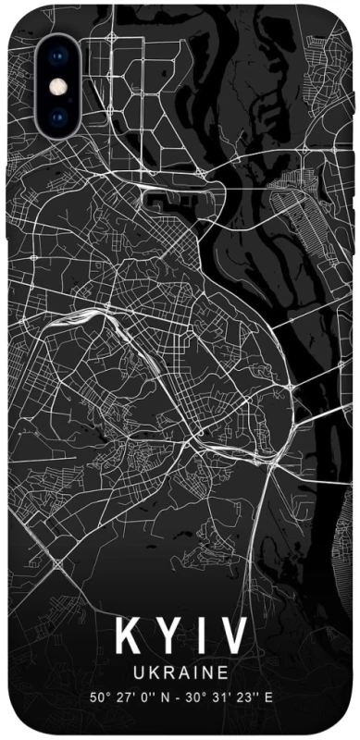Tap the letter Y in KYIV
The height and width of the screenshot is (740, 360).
(x=168, y=637)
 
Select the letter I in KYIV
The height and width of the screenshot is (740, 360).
(x=200, y=637)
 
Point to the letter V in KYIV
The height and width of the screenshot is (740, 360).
(x=232, y=637)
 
